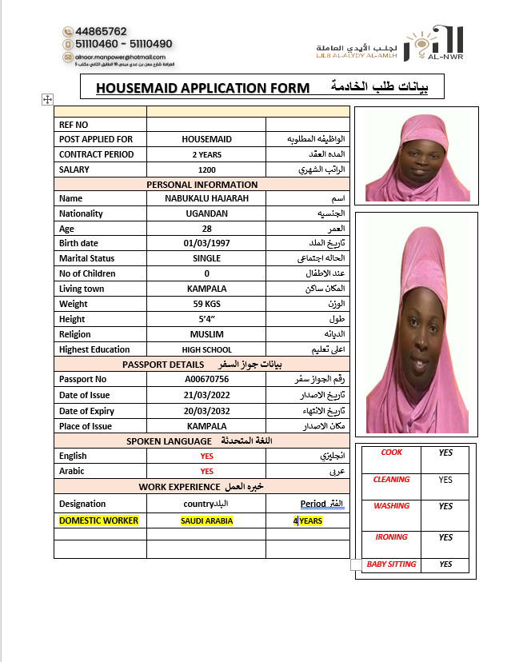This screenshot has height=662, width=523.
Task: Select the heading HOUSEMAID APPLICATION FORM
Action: click(x=202, y=88)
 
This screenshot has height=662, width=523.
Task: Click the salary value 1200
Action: click(x=206, y=169)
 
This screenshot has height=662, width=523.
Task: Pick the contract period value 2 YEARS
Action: click(x=206, y=154)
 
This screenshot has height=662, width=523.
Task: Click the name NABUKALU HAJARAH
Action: click(x=206, y=198)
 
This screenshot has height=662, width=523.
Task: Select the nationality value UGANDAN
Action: click(x=206, y=213)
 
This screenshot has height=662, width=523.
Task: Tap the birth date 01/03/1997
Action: click(x=206, y=243)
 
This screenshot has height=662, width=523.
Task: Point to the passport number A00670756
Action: click(x=206, y=379)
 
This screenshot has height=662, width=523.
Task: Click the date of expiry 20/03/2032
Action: click(x=206, y=411)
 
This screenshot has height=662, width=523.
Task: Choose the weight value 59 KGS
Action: click(x=206, y=304)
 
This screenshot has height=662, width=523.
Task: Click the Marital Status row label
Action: click(x=87, y=258)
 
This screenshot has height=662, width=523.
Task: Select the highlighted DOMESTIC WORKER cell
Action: click(x=98, y=520)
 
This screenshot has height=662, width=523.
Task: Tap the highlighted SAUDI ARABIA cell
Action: click(x=206, y=520)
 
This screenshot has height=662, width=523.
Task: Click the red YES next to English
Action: click(x=206, y=456)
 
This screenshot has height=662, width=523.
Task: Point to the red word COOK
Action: click(x=392, y=453)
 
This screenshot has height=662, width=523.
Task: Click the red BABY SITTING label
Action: click(x=391, y=564)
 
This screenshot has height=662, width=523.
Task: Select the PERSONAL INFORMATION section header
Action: click(x=202, y=185)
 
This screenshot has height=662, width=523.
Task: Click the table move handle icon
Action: click(x=47, y=99)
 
